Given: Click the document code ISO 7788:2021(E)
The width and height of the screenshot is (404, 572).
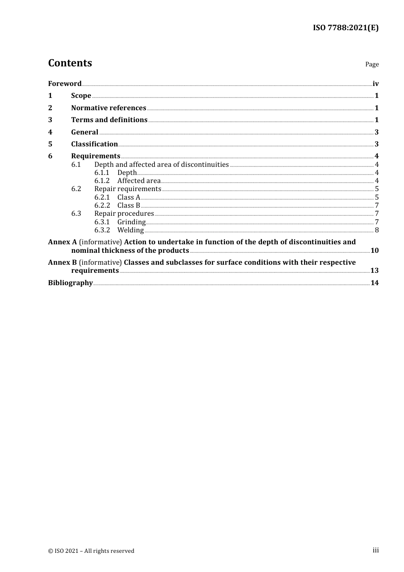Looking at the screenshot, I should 345,28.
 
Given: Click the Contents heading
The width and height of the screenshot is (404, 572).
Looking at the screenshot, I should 70,63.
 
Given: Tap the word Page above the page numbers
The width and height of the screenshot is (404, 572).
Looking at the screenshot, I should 372,64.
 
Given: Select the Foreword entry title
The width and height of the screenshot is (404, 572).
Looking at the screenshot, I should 65,84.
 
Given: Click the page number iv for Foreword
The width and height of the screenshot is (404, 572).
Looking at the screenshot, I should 376,84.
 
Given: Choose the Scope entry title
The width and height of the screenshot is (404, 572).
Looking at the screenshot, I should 81,96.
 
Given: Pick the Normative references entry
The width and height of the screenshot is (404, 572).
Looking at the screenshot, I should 108,108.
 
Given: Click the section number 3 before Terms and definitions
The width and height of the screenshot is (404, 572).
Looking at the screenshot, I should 50,120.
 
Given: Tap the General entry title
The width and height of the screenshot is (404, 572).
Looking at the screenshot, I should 85,132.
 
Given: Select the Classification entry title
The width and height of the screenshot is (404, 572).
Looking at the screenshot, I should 94,144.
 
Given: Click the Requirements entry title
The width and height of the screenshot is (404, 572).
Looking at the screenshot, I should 96,156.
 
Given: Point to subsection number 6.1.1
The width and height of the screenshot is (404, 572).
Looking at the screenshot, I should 102,173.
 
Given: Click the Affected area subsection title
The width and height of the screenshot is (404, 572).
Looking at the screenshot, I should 139,181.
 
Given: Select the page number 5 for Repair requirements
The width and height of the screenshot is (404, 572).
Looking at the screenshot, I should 377,189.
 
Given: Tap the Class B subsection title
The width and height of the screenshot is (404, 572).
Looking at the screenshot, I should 129,206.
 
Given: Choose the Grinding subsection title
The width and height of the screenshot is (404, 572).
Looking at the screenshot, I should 131,222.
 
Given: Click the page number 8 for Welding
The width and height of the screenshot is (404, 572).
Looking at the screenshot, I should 377,230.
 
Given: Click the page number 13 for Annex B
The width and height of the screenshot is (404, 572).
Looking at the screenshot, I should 375,271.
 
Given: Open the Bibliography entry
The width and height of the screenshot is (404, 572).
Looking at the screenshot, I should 70,283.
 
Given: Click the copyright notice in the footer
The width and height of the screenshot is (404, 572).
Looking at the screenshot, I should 91,551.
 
